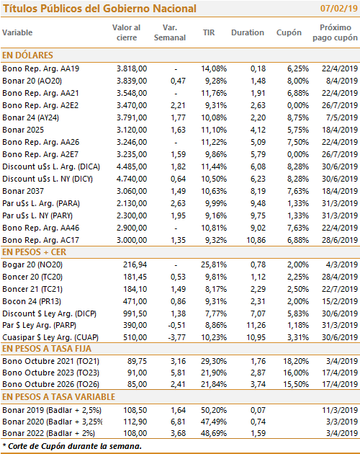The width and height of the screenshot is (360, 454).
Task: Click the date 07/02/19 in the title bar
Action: [x=339, y=9]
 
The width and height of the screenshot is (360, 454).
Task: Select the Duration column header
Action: [x=248, y=32]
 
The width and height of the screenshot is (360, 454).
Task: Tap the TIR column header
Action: [x=209, y=32]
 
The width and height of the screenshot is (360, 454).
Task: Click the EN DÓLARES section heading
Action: [x=27, y=55]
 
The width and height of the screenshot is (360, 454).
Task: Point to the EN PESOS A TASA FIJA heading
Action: [x=47, y=349]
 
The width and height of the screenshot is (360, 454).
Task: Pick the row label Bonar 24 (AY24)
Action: [x=30, y=117]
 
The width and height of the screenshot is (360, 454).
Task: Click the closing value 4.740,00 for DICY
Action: [x=132, y=179]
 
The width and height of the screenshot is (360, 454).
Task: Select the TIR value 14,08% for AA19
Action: [x=214, y=68]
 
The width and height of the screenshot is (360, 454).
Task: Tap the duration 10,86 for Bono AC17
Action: [x=256, y=240]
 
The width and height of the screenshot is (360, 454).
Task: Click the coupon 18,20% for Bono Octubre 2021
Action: [x=296, y=361]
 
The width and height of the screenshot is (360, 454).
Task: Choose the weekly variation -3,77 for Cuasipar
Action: [x=177, y=337]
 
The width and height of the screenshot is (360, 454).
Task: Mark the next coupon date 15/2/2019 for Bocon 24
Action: [x=340, y=301]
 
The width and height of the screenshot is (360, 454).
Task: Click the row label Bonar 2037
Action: [x=23, y=191]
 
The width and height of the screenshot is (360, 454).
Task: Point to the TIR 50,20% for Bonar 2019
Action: [x=214, y=410]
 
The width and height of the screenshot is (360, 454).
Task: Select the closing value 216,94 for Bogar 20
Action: [x=135, y=264]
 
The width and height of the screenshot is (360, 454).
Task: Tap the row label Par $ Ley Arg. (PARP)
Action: [x=39, y=325]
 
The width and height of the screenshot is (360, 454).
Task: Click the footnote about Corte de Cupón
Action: [x=72, y=446]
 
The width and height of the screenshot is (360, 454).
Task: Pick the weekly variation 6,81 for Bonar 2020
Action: [x=178, y=422]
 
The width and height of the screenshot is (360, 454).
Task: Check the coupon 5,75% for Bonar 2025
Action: [x=298, y=130]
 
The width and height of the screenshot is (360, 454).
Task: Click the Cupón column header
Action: [x=289, y=32]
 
